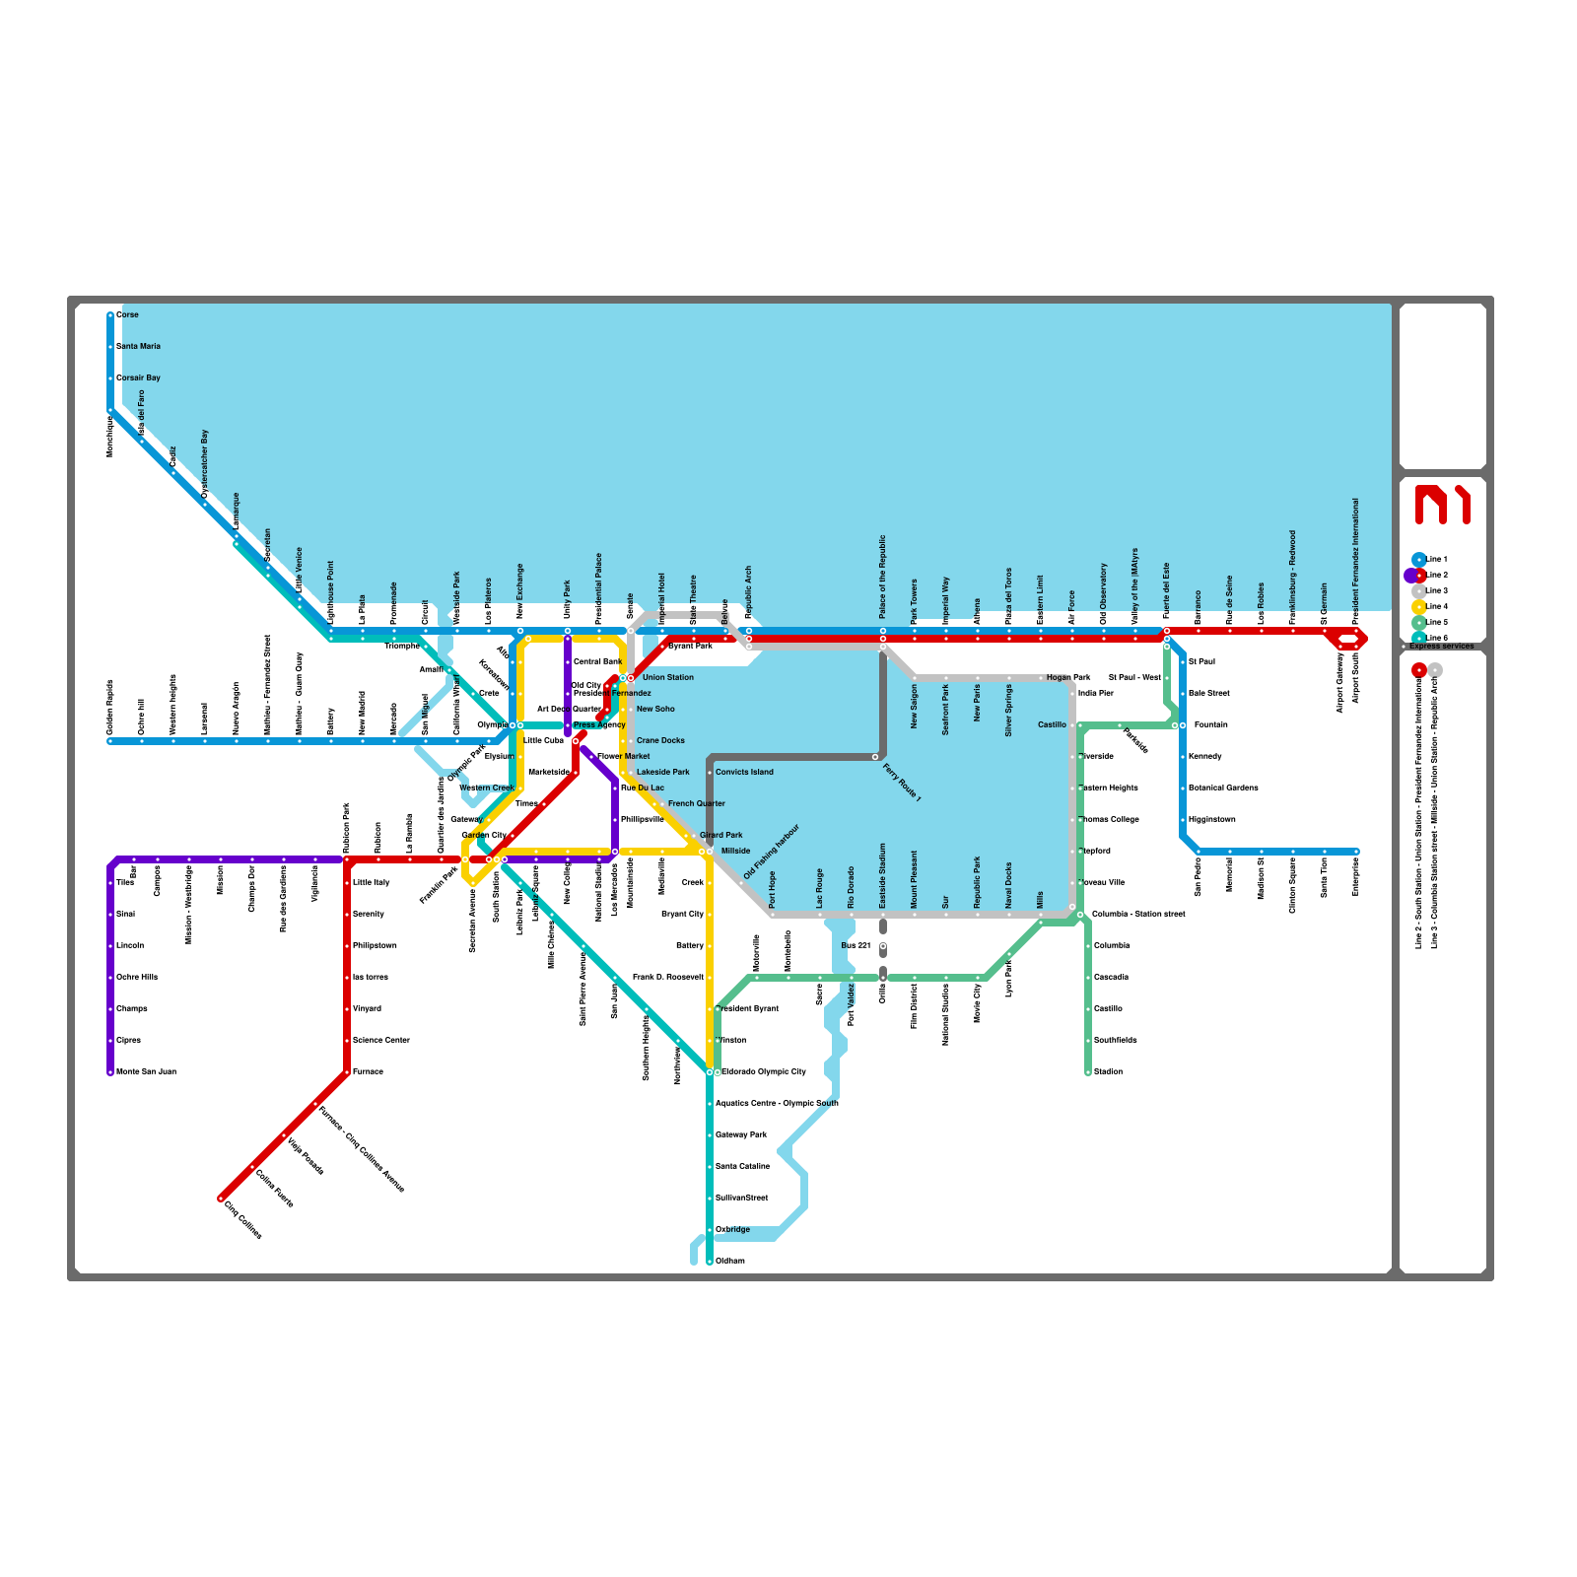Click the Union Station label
(667, 678)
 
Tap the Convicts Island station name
(744, 773)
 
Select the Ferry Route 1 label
(902, 783)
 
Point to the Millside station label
(735, 852)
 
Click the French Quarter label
(696, 804)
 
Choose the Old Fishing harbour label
(771, 852)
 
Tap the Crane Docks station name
(660, 741)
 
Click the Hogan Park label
(1068, 678)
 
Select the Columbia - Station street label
(1138, 915)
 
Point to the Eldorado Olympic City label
(763, 1072)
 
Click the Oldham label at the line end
(729, 1262)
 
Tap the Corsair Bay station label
(138, 378)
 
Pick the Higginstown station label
(1211, 820)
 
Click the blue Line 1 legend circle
(1418, 560)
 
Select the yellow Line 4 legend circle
(1418, 607)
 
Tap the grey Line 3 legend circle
(1418, 591)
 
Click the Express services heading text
(1441, 647)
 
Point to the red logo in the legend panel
(1442, 505)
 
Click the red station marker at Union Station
(631, 678)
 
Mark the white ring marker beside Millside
(710, 852)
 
